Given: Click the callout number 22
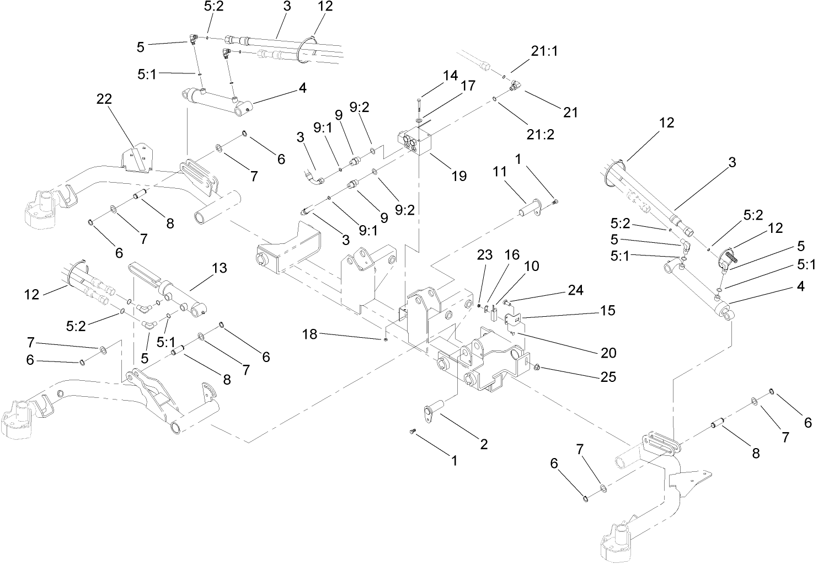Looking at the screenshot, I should tap(104, 99).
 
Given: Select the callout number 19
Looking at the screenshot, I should tap(459, 176).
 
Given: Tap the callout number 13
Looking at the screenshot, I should tap(219, 268).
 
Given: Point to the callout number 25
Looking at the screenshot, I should tap(608, 377).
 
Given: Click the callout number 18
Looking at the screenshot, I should tap(310, 334).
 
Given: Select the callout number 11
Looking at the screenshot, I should tap(500, 173).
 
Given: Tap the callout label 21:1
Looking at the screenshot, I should tap(544, 51).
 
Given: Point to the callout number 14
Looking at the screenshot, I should tap(451, 76).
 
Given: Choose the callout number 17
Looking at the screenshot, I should tap(468, 87).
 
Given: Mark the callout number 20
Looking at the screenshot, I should tap(608, 353).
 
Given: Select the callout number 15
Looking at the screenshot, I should tap(608, 311).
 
